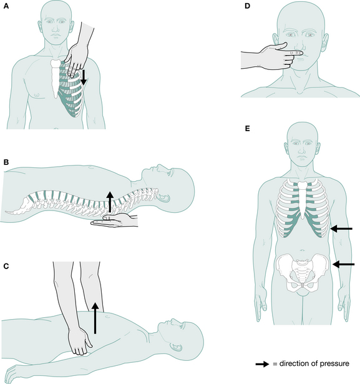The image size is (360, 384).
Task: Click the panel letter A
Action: coord(6,6)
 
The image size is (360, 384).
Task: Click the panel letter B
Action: coord(6,162)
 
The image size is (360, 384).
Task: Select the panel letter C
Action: coord(6,266)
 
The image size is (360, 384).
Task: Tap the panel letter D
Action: coord(247,6)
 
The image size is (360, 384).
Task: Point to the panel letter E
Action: coord(247,129)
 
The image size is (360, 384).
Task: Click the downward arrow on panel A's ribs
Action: coord(84,77)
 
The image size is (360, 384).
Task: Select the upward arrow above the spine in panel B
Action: coord(110,202)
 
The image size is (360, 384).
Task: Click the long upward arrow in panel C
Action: coord(95,318)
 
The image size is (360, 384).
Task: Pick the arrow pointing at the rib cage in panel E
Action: coord(341,229)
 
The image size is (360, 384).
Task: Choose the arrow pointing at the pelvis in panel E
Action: coord(343,264)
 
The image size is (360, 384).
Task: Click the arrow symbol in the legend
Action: coord(262,364)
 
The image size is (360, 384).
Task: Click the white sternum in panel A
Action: coord(55,76)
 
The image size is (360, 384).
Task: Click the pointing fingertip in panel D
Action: coord(301,53)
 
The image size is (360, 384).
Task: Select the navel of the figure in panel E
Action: coord(303,250)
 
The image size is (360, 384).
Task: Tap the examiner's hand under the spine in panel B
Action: coord(114,219)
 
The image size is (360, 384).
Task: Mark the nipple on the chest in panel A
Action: coord(37,94)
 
